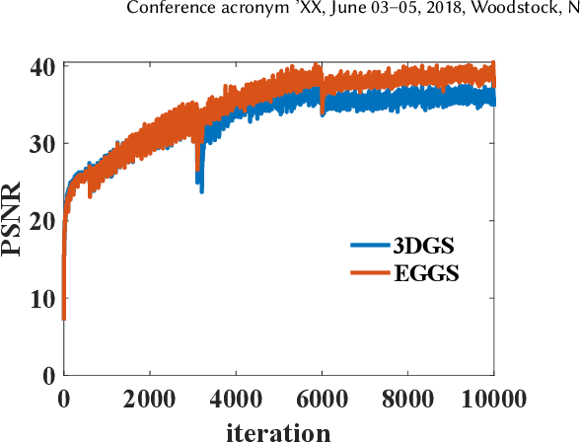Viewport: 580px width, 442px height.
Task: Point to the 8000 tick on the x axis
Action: pyautogui.click(x=407, y=398)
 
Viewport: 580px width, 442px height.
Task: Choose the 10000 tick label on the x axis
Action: pyautogui.click(x=493, y=398)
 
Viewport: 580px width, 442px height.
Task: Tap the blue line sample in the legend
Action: pyautogui.click(x=371, y=245)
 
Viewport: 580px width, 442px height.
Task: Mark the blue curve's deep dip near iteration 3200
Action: pyautogui.click(x=201, y=187)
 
